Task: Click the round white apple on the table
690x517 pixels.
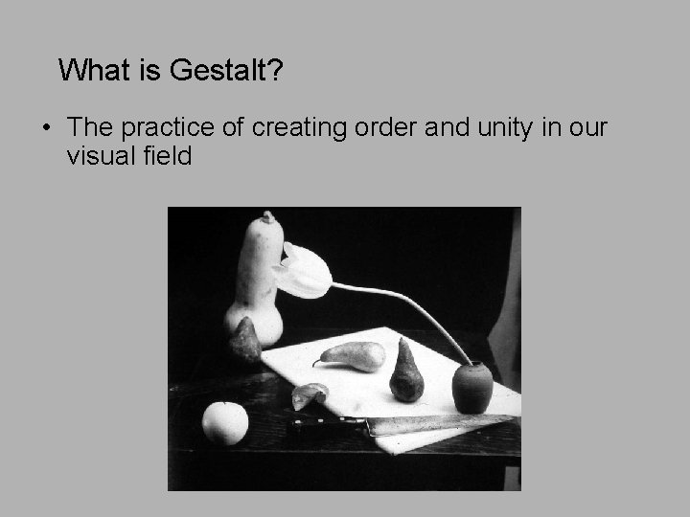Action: pos(225,422)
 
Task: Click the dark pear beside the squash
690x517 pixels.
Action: pos(245,340)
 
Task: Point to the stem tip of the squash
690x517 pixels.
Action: pos(267,216)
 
